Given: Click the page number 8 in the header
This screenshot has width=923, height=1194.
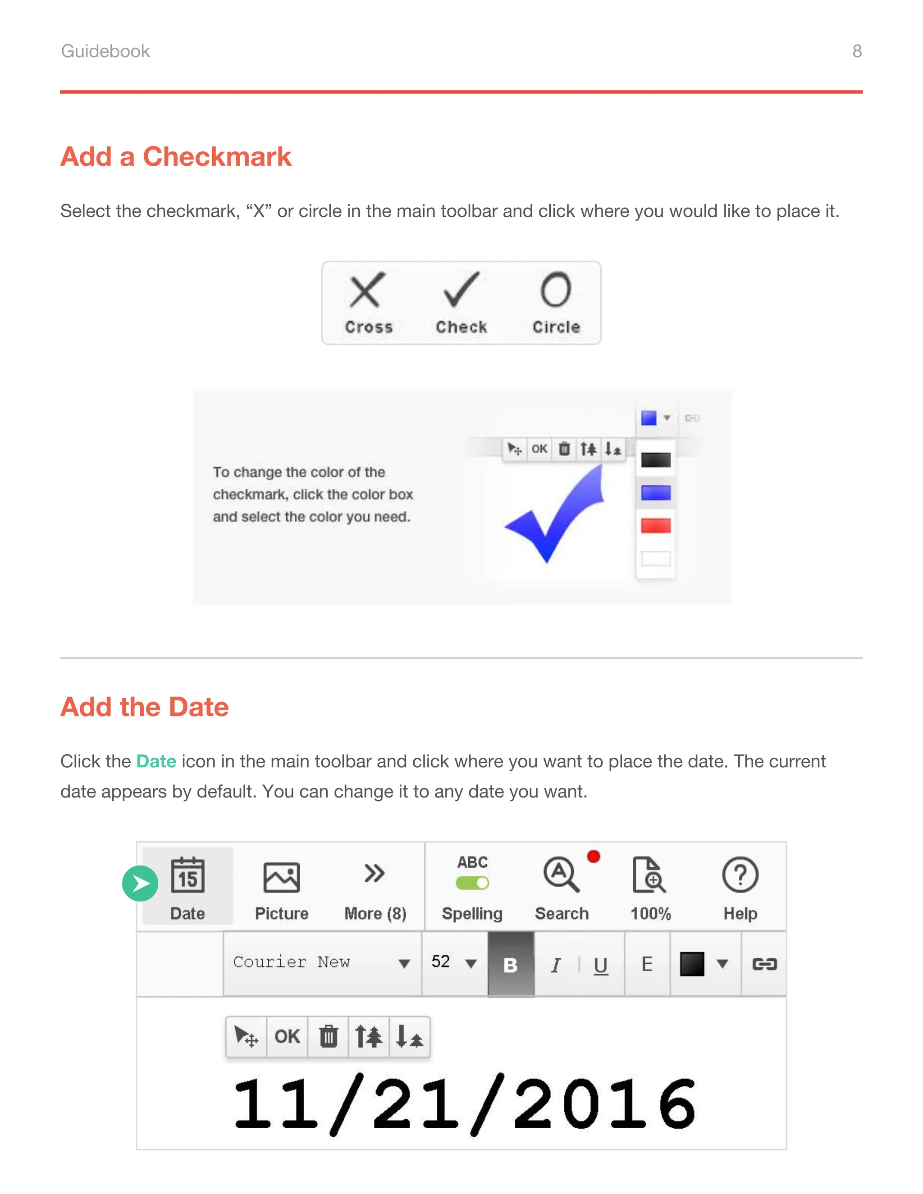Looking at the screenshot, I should (x=856, y=51).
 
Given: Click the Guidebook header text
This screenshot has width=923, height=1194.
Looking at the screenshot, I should (x=105, y=51).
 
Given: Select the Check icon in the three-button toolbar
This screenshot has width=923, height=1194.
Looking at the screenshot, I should (x=461, y=290).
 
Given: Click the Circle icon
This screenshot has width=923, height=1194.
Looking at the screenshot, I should (x=556, y=290).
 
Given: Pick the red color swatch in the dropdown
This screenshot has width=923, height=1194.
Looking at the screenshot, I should (x=656, y=526).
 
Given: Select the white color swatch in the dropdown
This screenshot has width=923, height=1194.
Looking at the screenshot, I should (x=656, y=559).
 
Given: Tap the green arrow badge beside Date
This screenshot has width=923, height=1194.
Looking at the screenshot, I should (x=140, y=884).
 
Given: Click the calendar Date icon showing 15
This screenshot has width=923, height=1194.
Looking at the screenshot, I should (x=187, y=875).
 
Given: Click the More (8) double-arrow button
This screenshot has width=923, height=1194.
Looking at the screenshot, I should (x=375, y=874).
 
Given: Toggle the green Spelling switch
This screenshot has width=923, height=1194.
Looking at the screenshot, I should (x=472, y=883).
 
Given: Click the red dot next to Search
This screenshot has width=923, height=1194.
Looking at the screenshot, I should (x=593, y=857).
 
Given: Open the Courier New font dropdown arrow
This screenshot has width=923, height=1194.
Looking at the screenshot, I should (x=404, y=964).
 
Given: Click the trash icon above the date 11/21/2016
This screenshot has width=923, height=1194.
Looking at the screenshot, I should (x=328, y=1037).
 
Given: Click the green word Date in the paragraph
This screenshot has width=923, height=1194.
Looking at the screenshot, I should (x=156, y=761).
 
